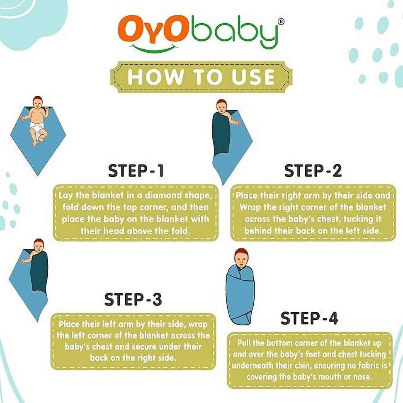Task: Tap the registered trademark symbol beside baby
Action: pos(281,22)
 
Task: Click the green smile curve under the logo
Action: pos(154,48)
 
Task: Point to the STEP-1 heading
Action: pos(136,171)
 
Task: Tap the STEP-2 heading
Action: pos(313,171)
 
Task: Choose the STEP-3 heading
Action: pos(133,299)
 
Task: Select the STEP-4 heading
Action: pos(309,318)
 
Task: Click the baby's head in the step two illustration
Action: pos(221,107)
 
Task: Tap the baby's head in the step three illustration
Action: pos(39,246)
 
